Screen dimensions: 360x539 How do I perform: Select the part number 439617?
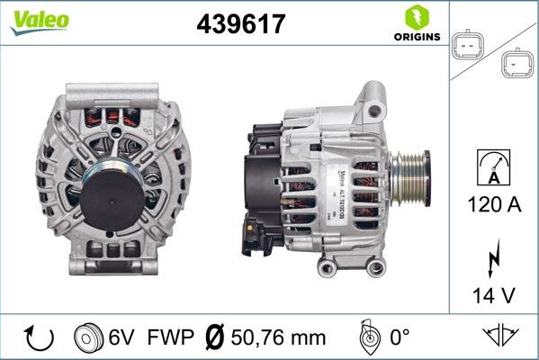click(240, 24)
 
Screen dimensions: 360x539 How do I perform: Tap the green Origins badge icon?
click(416, 17)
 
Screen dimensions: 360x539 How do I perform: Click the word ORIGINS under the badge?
click(416, 38)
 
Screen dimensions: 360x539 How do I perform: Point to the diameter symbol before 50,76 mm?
click(216, 338)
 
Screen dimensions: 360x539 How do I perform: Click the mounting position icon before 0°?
click(367, 338)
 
